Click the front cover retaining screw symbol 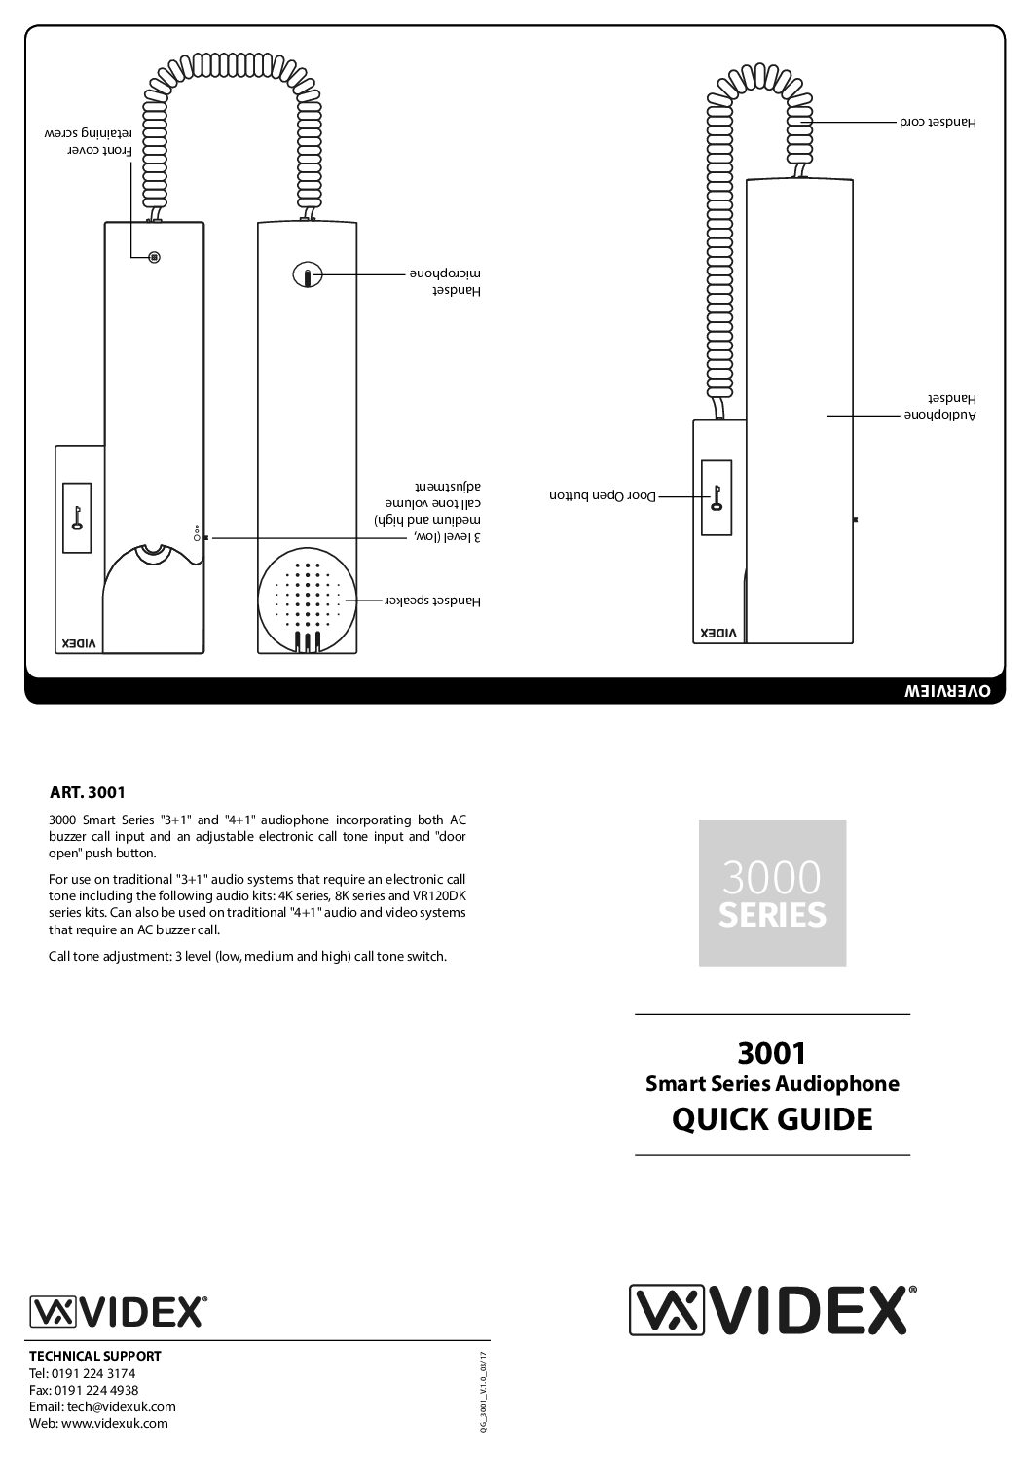(154, 257)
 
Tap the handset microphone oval (306, 276)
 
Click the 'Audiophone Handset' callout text (937, 407)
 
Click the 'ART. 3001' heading (87, 792)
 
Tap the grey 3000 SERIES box (772, 892)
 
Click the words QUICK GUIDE (772, 1119)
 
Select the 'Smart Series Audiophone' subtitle (772, 1083)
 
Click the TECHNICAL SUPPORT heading (95, 1355)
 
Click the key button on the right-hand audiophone (717, 498)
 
